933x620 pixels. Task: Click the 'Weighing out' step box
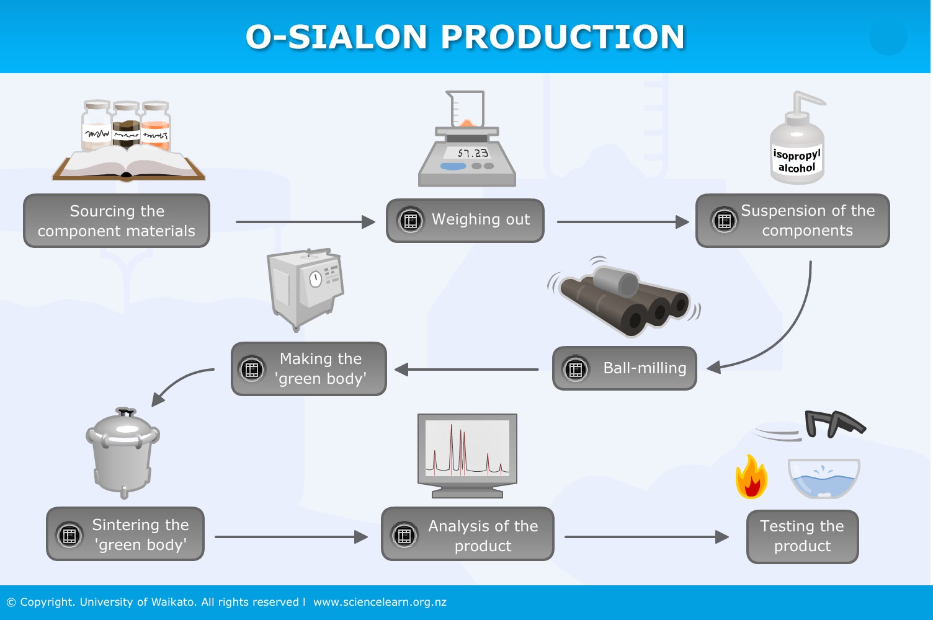pos(465,220)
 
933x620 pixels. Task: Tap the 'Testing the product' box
pos(802,536)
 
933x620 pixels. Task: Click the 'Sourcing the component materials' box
pos(117,221)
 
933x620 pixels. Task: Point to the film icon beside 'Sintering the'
pos(69,535)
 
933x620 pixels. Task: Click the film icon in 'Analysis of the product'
pos(404,535)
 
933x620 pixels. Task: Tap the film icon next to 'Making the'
pos(252,370)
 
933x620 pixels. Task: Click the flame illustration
pos(751,477)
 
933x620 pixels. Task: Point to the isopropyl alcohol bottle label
pos(797,161)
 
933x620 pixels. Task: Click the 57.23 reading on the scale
pos(473,153)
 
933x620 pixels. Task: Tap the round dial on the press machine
pos(316,278)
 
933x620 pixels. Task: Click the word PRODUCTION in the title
pos(563,37)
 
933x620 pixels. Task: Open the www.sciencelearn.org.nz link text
pos(380,602)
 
